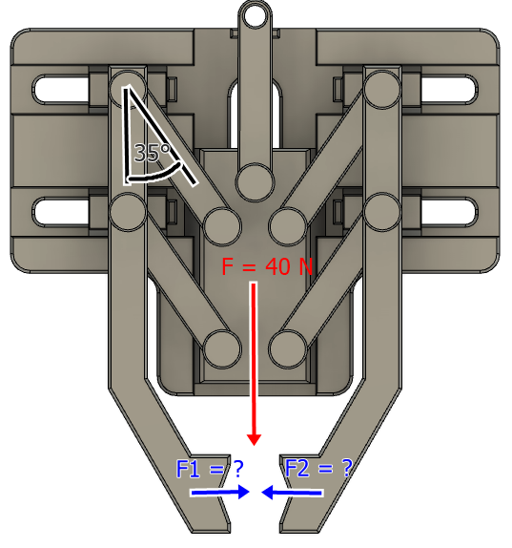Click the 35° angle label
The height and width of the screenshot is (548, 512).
click(x=153, y=153)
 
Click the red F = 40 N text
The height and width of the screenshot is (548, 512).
click(x=267, y=266)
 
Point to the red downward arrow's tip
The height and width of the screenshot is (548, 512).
click(x=254, y=445)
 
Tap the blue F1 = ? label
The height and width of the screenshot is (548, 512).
click(x=210, y=469)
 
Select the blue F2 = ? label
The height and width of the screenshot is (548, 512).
click(x=318, y=469)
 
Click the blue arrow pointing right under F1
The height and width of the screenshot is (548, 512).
click(x=220, y=492)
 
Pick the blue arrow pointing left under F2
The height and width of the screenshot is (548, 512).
click(x=292, y=493)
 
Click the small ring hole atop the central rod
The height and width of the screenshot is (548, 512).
click(x=255, y=17)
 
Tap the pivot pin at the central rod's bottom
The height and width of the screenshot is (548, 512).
click(x=255, y=182)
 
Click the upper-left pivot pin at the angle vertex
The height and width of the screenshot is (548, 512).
click(x=128, y=88)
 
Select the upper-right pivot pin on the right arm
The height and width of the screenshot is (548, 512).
click(x=382, y=89)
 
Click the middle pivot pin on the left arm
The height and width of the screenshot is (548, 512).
click(x=128, y=212)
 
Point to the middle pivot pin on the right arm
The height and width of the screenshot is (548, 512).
click(x=382, y=211)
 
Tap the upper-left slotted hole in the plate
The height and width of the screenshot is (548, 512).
click(x=61, y=89)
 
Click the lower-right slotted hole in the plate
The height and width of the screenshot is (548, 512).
click(x=449, y=211)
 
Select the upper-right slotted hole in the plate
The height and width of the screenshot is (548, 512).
click(x=449, y=89)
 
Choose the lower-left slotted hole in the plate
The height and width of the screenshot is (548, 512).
click(x=61, y=212)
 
